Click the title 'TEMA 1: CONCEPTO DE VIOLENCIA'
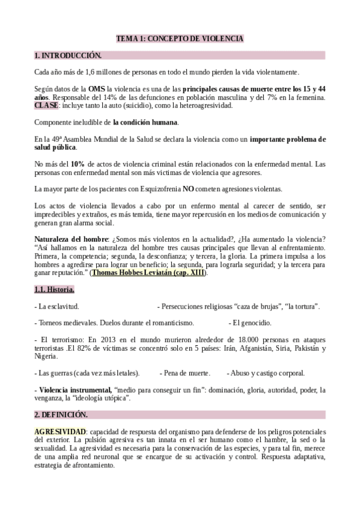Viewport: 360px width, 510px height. pyautogui.click(x=180, y=38)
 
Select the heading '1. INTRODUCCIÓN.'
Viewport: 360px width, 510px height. pyautogui.click(x=68, y=55)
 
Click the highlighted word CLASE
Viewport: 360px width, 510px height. pyautogui.click(x=46, y=105)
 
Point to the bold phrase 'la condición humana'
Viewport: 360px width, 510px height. pyautogui.click(x=145, y=122)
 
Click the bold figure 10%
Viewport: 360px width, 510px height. pyautogui.click(x=78, y=164)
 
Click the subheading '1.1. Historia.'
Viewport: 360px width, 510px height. pyautogui.click(x=54, y=290)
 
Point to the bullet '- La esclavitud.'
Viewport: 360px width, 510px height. pyautogui.click(x=56, y=307)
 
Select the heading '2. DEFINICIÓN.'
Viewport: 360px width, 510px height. pyautogui.click(x=61, y=415)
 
